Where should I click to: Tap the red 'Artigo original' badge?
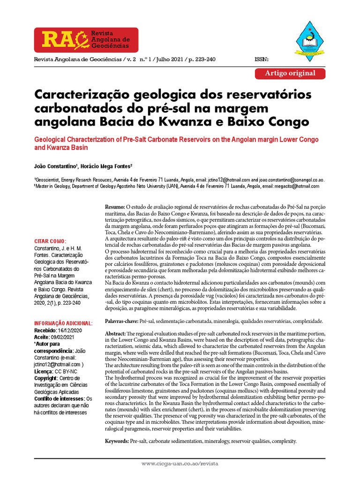tap(290, 73)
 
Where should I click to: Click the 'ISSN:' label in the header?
tap(261, 60)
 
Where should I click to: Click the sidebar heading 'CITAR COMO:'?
tap(51, 241)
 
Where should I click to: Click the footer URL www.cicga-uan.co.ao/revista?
tap(180, 463)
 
